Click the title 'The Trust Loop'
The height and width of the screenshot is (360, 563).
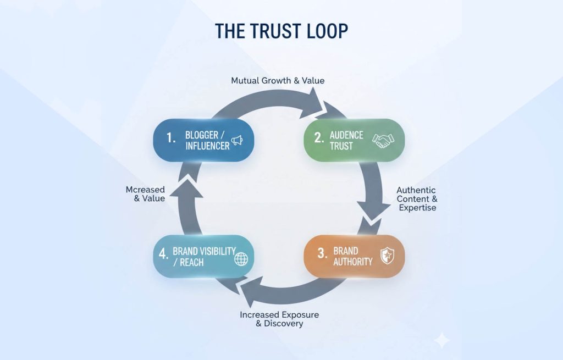tap(281, 31)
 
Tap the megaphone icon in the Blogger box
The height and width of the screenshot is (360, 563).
tap(236, 140)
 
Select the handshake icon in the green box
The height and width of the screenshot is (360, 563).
tap(383, 140)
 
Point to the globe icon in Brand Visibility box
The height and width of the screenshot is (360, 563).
tap(241, 259)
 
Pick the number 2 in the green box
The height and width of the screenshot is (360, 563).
tap(319, 138)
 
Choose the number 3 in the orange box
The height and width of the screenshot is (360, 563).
tap(322, 254)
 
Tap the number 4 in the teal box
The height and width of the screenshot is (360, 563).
tap(163, 255)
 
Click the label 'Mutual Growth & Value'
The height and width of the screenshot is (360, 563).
tap(278, 81)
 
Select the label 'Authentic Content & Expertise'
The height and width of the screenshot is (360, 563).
tap(416, 198)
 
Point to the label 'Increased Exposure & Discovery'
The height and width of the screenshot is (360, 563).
tap(279, 319)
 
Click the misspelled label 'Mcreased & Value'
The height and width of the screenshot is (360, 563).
tap(145, 194)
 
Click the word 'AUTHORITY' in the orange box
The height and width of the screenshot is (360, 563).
tap(352, 262)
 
